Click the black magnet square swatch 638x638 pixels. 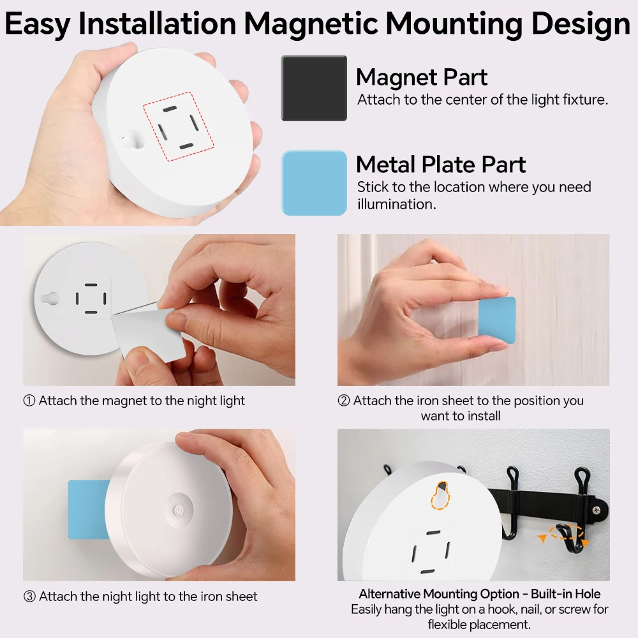[x=314, y=88]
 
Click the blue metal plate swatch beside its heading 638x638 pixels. [x=314, y=183]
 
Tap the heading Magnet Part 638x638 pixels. [x=421, y=77]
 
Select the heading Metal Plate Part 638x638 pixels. [x=440, y=165]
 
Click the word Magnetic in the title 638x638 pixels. [x=311, y=24]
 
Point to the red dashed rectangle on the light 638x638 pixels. [x=170, y=124]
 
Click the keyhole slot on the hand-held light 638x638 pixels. [x=131, y=139]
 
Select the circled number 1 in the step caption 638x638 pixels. [x=29, y=401]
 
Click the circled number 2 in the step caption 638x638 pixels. [x=344, y=401]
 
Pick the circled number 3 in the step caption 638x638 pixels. [x=29, y=597]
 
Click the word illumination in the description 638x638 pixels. [x=396, y=204]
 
